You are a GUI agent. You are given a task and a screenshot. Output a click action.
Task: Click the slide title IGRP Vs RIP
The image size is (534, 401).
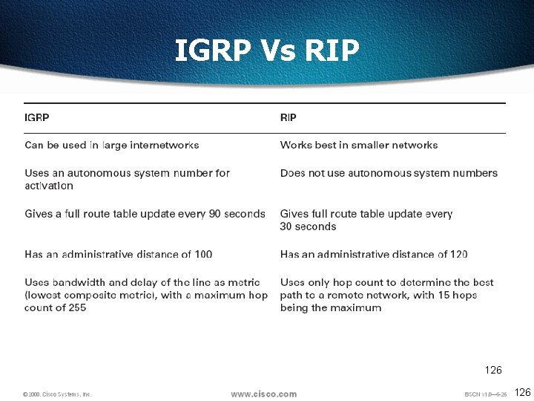(267, 50)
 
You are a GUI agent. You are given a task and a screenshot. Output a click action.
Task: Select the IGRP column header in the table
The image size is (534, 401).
(37, 117)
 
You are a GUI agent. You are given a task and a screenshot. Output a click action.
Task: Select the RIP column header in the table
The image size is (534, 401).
(289, 117)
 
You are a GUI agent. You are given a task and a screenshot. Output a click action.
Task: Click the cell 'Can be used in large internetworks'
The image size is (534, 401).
(112, 145)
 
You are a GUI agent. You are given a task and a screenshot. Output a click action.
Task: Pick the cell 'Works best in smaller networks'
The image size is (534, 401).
(359, 145)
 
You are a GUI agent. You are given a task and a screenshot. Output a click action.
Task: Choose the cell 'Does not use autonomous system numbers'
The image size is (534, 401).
(389, 173)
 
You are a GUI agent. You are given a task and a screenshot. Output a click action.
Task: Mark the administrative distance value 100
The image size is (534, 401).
(203, 254)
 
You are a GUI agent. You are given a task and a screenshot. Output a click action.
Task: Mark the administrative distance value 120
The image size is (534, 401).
(458, 254)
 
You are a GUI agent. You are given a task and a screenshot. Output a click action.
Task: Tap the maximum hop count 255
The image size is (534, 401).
(77, 307)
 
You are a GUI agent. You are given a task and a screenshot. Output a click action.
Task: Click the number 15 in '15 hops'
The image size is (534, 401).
(438, 295)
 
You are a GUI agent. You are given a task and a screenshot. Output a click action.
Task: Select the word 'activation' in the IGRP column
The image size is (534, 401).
(49, 186)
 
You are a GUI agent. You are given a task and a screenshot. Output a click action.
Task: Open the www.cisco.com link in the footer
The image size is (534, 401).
(263, 394)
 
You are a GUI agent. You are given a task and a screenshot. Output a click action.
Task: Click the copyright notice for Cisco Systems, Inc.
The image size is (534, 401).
(57, 394)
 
